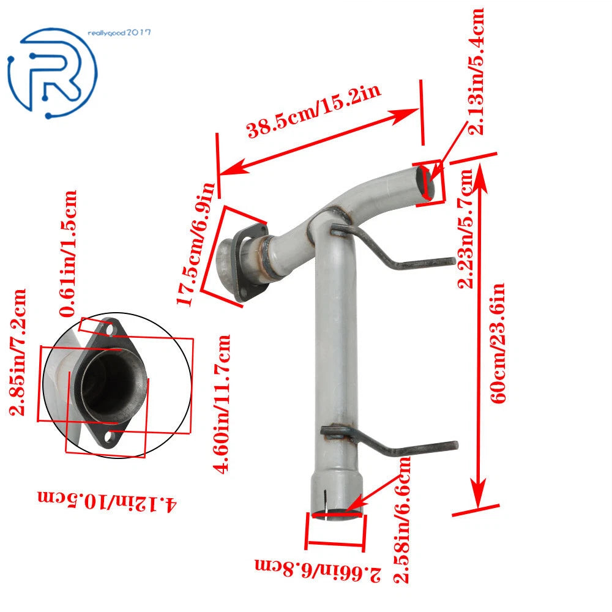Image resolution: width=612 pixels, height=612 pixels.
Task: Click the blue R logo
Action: point(52,73)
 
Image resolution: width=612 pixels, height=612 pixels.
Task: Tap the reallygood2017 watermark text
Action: point(119,33)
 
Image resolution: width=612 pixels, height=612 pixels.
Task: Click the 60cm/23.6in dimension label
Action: point(498,343)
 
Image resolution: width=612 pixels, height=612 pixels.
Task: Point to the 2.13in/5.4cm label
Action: point(476,72)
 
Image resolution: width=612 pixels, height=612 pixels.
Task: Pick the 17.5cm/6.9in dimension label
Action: point(196,244)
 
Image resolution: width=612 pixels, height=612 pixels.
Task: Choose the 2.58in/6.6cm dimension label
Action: point(401,520)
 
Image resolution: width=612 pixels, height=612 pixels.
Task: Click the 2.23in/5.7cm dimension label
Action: point(465,229)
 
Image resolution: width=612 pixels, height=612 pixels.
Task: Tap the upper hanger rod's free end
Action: point(453,261)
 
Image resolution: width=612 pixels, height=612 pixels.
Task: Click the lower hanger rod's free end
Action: point(455,444)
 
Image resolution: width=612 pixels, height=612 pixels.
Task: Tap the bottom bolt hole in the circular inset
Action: point(110,436)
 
